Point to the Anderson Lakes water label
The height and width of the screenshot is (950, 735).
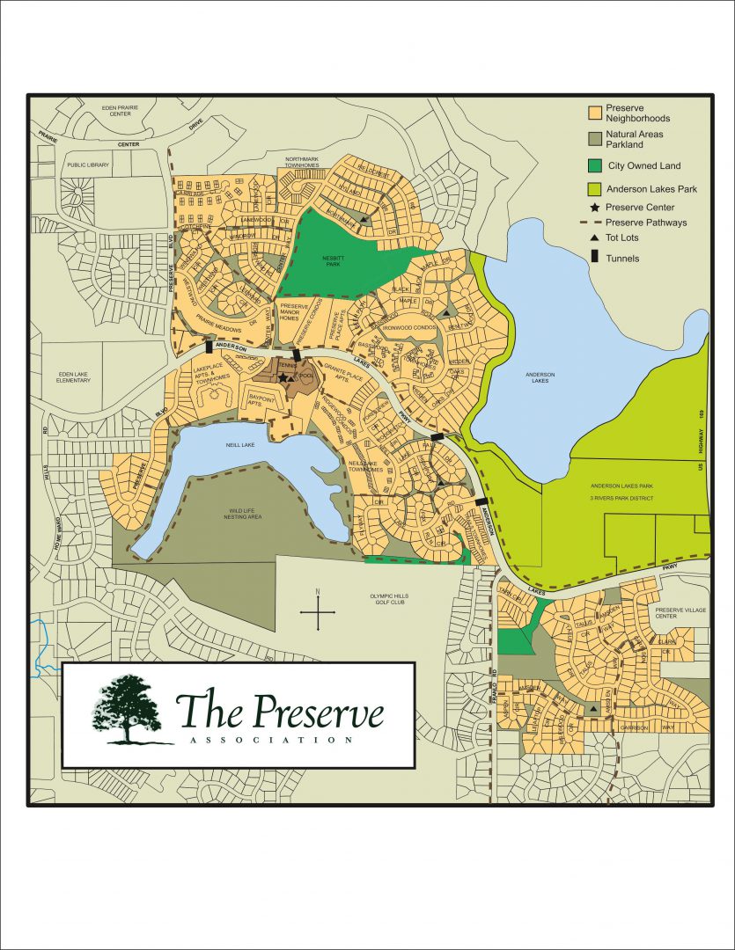[x=540, y=379]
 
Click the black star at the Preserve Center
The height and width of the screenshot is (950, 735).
[x=283, y=377]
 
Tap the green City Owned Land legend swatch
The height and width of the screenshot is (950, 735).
[x=595, y=164]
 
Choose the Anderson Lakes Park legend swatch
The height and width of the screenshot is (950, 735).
[x=595, y=188]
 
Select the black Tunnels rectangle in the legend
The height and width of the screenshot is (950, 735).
[x=595, y=258]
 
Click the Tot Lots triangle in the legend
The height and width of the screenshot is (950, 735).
[x=595, y=239]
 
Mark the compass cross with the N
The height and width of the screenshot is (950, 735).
[x=318, y=611]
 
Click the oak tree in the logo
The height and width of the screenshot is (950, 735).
[x=128, y=709]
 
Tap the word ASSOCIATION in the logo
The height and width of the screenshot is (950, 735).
[x=271, y=741]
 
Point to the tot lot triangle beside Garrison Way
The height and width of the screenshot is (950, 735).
[x=593, y=708]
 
